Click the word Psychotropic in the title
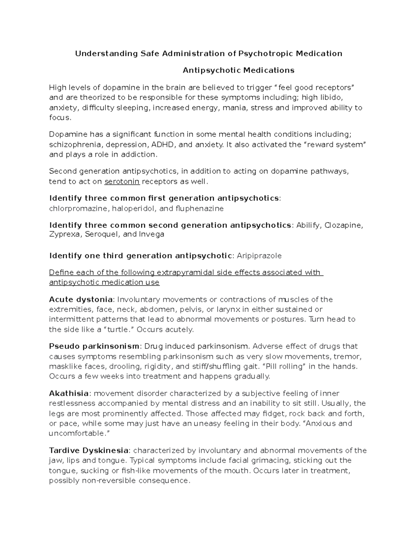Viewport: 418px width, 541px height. [265, 53]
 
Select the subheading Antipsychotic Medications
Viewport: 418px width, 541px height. [239, 70]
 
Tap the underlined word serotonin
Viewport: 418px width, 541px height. [122, 181]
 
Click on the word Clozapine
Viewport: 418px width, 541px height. [343, 225]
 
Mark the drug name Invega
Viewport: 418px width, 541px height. [152, 234]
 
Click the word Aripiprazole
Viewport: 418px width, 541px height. [259, 256]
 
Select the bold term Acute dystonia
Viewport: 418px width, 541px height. [81, 300]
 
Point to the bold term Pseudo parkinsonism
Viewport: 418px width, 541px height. [94, 346]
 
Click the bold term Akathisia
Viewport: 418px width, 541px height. [69, 394]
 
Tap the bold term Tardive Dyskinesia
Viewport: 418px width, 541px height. [89, 450]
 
